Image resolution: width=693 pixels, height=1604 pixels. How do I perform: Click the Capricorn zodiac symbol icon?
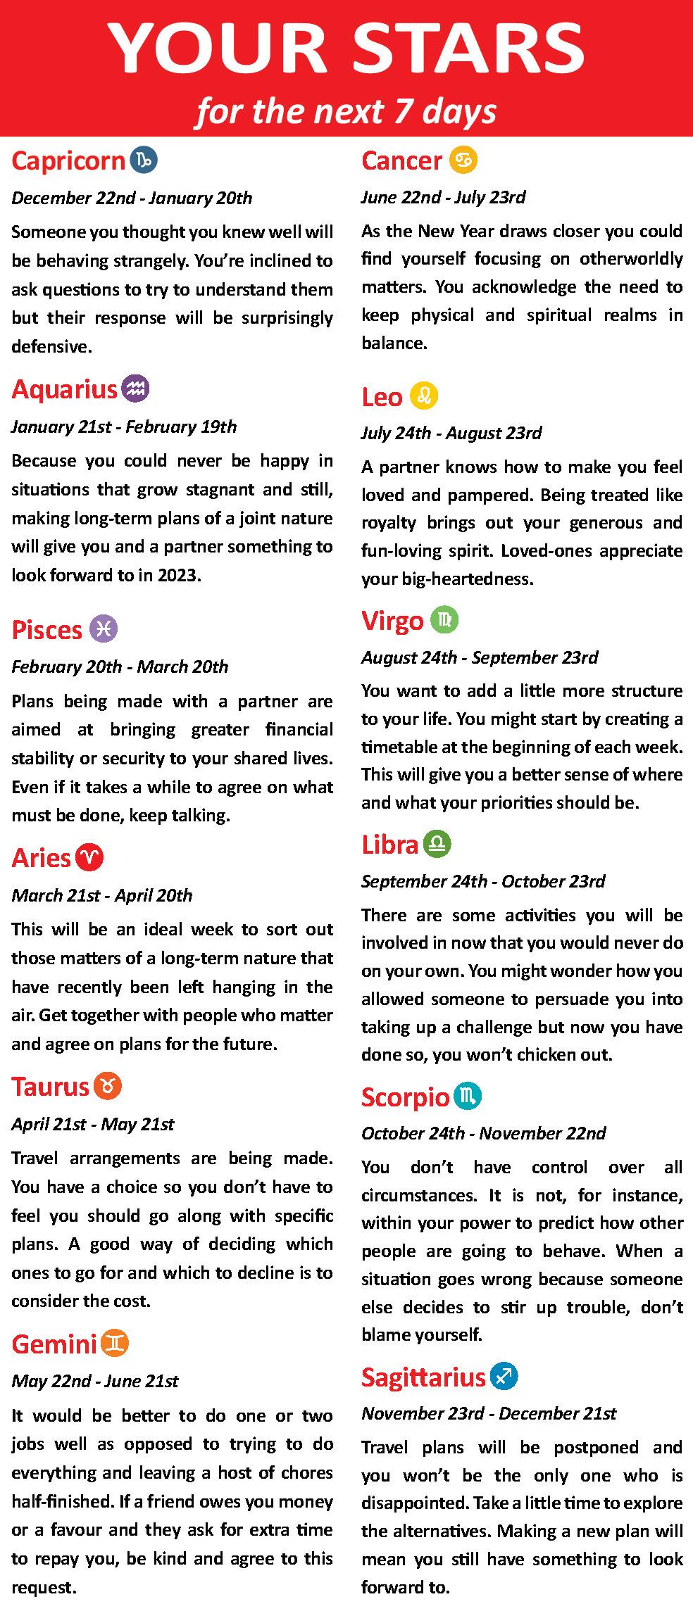[144, 160]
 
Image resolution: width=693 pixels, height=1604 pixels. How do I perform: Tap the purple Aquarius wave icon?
[135, 389]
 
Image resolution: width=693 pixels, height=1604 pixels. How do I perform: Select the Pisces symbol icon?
[104, 629]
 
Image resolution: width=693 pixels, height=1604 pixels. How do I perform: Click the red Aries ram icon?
[90, 857]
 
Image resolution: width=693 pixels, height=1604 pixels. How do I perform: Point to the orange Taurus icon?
[108, 1086]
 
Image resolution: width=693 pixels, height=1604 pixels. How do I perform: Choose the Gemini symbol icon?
[115, 1344]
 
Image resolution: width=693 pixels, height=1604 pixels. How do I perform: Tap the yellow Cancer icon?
[463, 160]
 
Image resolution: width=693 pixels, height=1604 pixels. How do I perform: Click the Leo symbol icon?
[423, 396]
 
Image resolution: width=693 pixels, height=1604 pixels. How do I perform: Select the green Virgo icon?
[444, 620]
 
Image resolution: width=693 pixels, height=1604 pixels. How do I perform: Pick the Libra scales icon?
[437, 844]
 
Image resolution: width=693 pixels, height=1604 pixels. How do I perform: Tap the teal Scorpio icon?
[468, 1097]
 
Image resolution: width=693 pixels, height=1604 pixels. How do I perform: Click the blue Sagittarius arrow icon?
[504, 1376]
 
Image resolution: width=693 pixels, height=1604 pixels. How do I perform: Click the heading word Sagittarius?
[423, 1377]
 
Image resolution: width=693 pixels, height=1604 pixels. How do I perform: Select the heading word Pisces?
[47, 630]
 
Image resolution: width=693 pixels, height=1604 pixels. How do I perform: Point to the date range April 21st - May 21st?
[92, 1124]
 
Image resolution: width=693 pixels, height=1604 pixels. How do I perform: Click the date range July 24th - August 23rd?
[451, 433]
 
